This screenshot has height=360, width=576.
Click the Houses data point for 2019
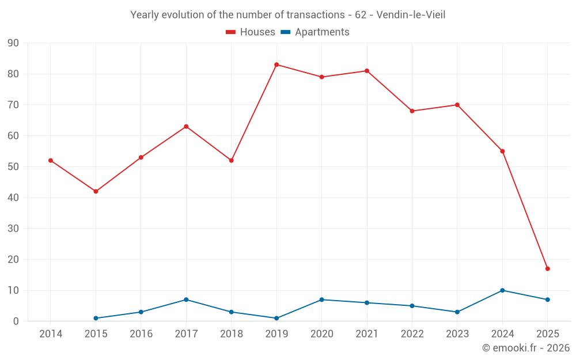(276, 65)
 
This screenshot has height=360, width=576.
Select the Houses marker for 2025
(547, 268)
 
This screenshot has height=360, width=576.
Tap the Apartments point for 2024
(502, 290)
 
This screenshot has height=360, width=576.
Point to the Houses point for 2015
(96, 191)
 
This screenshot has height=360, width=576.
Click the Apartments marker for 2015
(96, 318)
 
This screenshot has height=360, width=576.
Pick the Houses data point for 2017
(186, 126)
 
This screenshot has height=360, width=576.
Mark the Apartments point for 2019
(276, 318)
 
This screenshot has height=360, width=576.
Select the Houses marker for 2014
(51, 160)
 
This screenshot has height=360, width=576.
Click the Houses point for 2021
(367, 71)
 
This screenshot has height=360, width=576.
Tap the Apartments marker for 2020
(321, 300)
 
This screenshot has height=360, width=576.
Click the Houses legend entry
(251, 32)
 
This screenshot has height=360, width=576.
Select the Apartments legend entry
(315, 32)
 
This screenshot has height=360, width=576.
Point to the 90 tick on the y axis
(13, 43)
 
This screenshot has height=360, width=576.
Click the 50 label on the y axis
(13, 167)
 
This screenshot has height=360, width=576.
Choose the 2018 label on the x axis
(231, 334)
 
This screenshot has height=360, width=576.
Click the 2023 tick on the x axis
(457, 334)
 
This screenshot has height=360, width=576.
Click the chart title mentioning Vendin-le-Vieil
(287, 15)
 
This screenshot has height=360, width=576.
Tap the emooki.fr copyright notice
(525, 348)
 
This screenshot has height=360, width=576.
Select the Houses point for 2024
(502, 151)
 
